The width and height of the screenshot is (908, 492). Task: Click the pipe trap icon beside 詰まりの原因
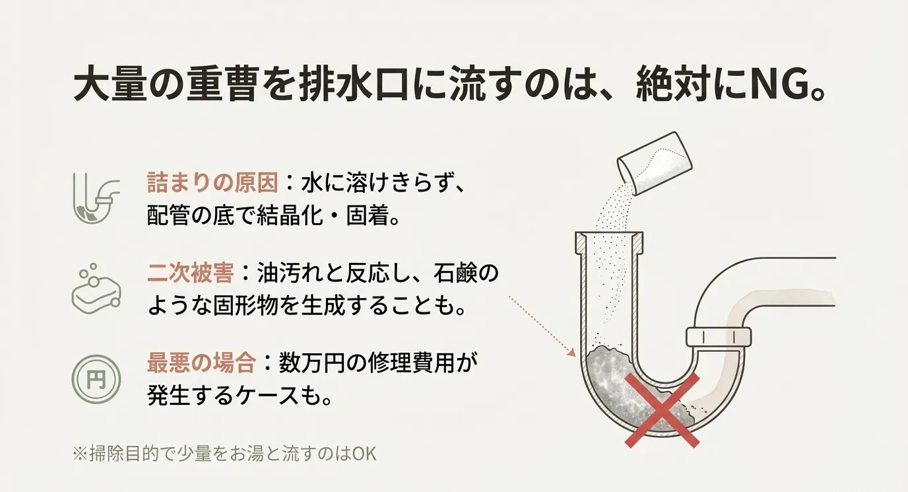[95, 197]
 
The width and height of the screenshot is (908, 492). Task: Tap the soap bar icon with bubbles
[95, 290]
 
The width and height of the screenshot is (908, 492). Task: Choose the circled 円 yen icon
[95, 379]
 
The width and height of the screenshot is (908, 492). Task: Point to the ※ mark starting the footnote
[80, 456]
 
